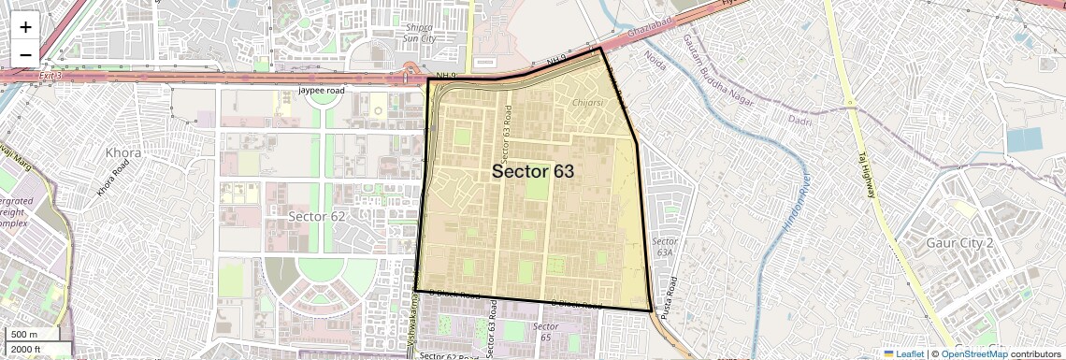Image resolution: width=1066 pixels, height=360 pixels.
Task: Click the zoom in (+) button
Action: click(25, 26)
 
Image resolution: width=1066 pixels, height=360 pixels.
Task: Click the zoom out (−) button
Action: click(25, 55)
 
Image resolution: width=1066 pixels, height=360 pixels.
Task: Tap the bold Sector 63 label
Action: click(532, 172)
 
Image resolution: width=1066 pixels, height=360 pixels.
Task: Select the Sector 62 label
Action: click(316, 216)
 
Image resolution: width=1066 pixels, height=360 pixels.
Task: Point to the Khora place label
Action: click(123, 152)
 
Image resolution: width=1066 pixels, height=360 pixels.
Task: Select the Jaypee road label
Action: click(322, 91)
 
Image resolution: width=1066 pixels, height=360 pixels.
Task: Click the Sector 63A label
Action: click(665, 246)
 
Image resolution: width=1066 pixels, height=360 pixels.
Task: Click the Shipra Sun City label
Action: click(418, 33)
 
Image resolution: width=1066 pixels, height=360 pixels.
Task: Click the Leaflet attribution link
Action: click(904, 353)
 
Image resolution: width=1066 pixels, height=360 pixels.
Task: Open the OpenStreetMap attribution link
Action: click(973, 353)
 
